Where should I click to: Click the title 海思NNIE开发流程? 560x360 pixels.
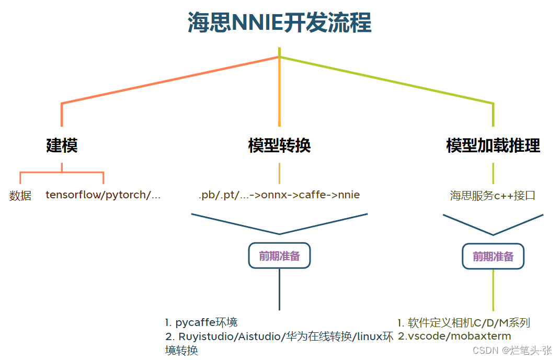(x=280, y=24)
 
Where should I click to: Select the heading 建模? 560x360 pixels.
(x=62, y=145)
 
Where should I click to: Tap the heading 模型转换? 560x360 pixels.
(x=279, y=145)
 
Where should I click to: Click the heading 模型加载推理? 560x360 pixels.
(x=493, y=145)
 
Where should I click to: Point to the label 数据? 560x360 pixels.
(x=20, y=196)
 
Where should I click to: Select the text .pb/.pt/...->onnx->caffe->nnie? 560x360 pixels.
(x=279, y=195)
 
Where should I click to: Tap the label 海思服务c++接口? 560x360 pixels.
(x=493, y=196)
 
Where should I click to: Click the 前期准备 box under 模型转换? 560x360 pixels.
(x=279, y=256)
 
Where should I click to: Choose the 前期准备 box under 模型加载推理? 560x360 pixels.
(x=493, y=256)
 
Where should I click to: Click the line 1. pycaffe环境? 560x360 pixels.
(x=201, y=322)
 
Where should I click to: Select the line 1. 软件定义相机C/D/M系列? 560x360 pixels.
(x=464, y=322)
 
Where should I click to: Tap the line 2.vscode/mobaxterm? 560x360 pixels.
(x=454, y=336)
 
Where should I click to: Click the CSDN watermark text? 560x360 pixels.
(x=512, y=350)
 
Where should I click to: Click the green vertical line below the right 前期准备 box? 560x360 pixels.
(x=493, y=290)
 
